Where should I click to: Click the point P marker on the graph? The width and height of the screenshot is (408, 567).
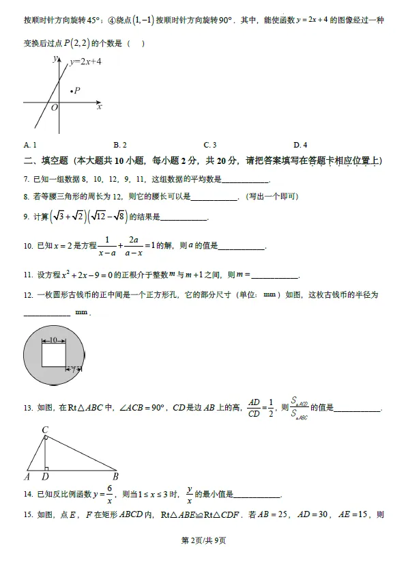70,90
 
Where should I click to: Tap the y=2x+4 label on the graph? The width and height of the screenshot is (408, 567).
85,62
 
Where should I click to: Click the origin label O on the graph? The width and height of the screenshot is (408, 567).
55,108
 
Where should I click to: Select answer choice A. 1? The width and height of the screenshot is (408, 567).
30,145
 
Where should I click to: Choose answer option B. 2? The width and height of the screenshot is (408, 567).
120,145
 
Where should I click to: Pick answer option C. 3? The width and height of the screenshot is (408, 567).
210,145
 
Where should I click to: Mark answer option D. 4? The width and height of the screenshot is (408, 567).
300,145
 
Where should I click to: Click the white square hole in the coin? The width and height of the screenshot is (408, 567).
53,355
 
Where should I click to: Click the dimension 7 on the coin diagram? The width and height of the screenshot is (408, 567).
73,369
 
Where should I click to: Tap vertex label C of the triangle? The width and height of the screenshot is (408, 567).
44,430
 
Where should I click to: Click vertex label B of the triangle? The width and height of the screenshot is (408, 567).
116,477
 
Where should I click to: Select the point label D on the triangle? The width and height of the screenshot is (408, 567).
45,477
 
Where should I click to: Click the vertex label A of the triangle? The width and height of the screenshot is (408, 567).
27,477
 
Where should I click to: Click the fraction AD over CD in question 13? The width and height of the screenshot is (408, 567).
254,407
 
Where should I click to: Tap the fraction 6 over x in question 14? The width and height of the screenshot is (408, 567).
108,495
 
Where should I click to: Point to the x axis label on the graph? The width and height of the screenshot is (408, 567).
100,107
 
